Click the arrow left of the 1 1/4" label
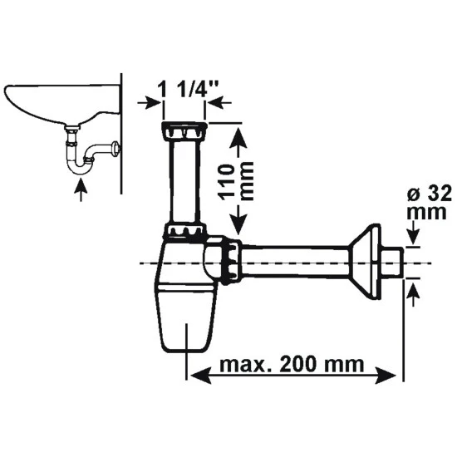pos(150,103)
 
